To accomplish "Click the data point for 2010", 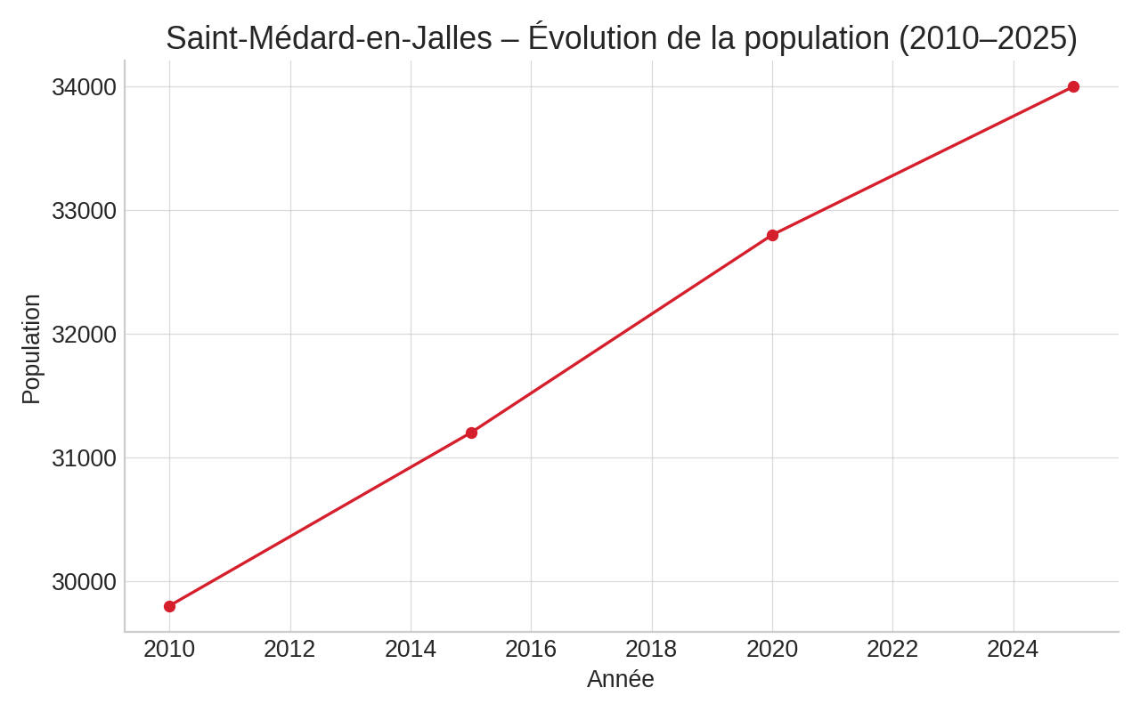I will click(x=169, y=606).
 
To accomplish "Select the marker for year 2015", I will click(x=471, y=433).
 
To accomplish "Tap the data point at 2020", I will click(x=772, y=235).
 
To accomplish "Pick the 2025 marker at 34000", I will click(x=1073, y=86).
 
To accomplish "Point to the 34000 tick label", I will click(x=84, y=87).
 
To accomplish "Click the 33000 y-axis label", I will click(x=84, y=211).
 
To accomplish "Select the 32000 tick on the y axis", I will click(x=84, y=335).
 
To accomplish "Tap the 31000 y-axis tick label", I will click(x=84, y=458).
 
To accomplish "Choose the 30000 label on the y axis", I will click(x=84, y=582).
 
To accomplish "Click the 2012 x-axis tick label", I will click(x=289, y=650).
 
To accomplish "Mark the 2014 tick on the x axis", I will click(x=411, y=650).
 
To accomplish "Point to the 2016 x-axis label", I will click(x=531, y=650).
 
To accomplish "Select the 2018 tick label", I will click(x=651, y=650).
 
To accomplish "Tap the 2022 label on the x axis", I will click(x=892, y=650).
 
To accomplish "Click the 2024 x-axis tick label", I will click(x=1013, y=650).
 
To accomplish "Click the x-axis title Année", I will click(x=621, y=679).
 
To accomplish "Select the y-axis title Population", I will click(x=31, y=349).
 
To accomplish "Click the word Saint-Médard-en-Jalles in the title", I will click(x=329, y=38).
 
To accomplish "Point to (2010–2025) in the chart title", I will click(x=987, y=38).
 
